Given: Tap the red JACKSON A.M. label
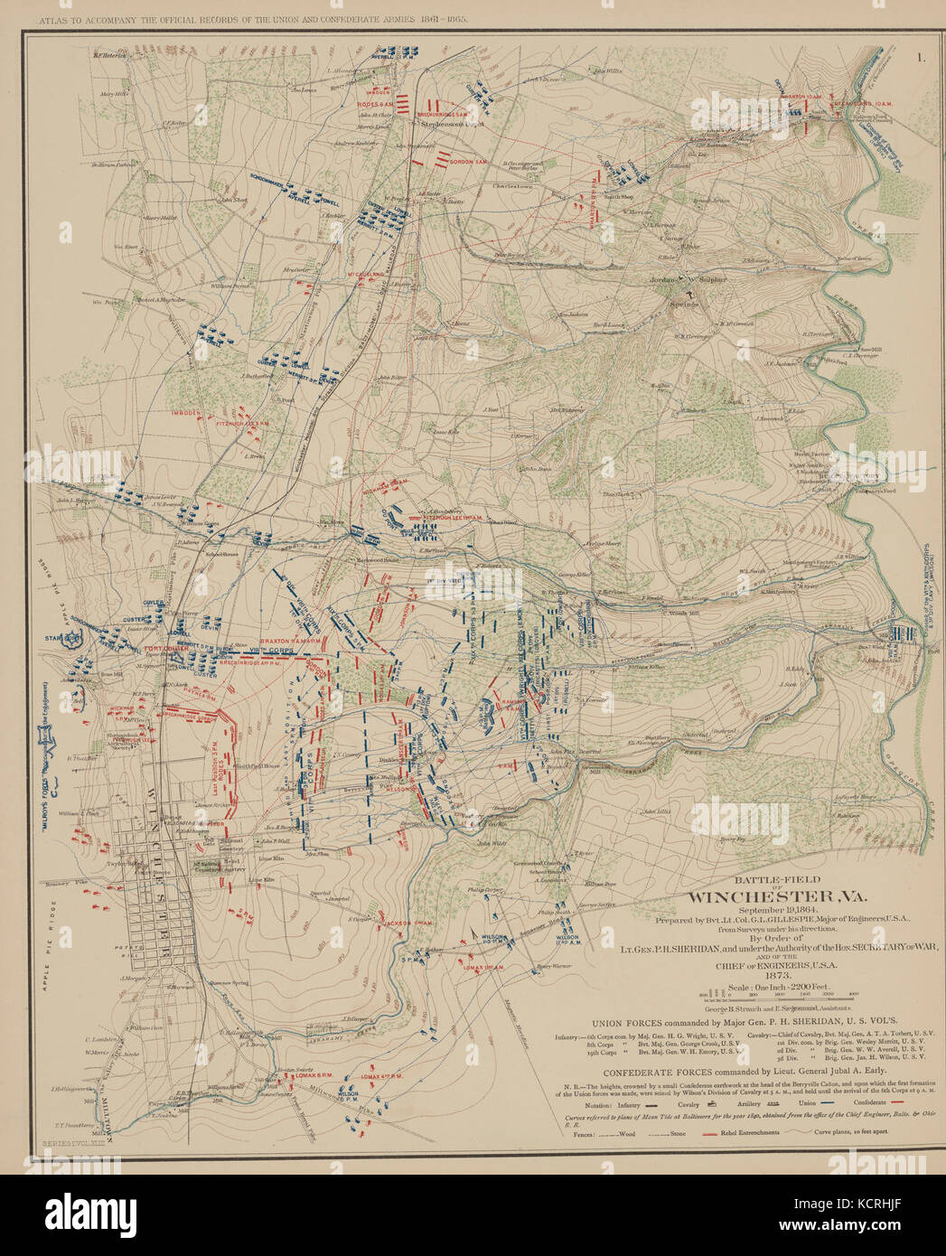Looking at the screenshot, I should [x=407, y=923].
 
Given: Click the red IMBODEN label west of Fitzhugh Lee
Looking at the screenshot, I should [x=188, y=413].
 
